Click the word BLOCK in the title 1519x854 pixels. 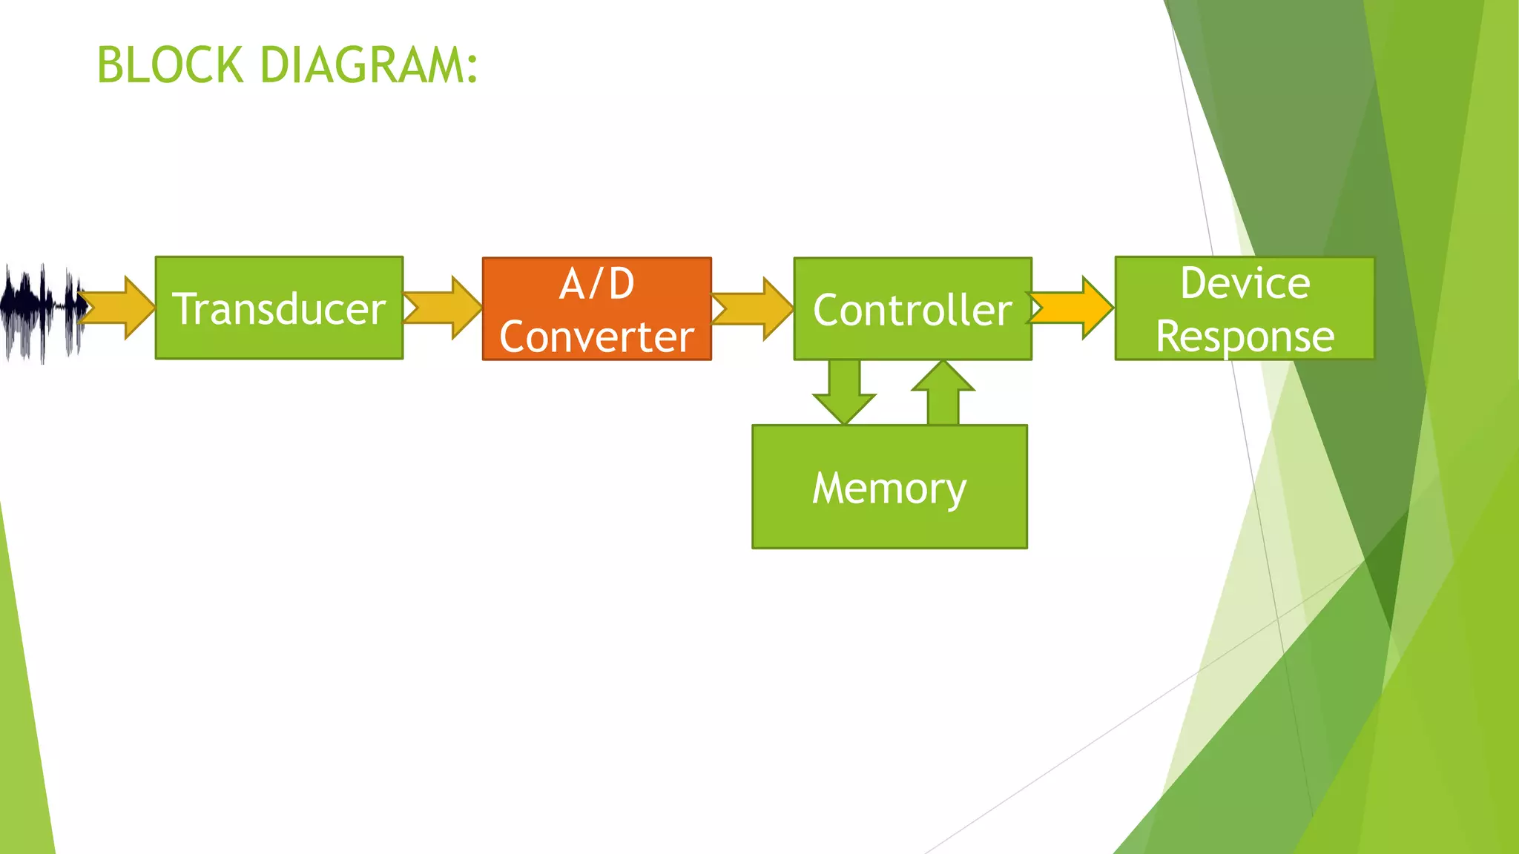[170, 65]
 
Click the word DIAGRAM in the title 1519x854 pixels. [362, 65]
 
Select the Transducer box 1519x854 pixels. [279, 308]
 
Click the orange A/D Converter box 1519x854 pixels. [596, 309]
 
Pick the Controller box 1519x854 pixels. [912, 309]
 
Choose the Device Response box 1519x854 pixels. [1245, 309]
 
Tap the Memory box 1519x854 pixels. [889, 487]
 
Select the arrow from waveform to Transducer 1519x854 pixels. [119, 308]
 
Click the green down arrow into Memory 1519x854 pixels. [844, 393]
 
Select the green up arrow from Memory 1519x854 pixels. [943, 393]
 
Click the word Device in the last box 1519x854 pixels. [1245, 283]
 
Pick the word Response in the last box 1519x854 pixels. [1245, 337]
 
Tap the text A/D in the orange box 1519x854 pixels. [596, 284]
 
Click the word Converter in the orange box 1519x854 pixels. [596, 337]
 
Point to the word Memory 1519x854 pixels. [889, 489]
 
